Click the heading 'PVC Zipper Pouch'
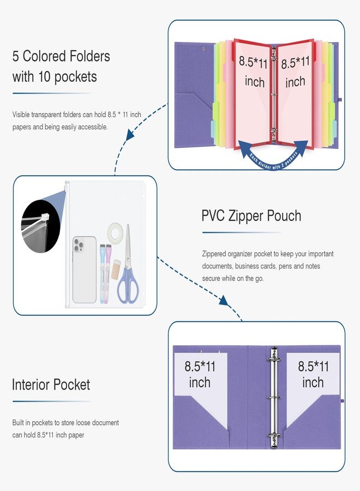pos(251,217)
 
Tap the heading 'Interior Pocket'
pos(51,385)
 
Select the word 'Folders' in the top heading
pos(89,56)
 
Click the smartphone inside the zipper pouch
pos(85,270)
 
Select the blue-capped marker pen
pos(103,274)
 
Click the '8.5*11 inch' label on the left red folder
pos(254,71)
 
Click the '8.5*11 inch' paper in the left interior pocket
pos(201,388)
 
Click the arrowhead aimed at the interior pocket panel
pos(224,300)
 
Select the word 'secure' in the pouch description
pos(211,278)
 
